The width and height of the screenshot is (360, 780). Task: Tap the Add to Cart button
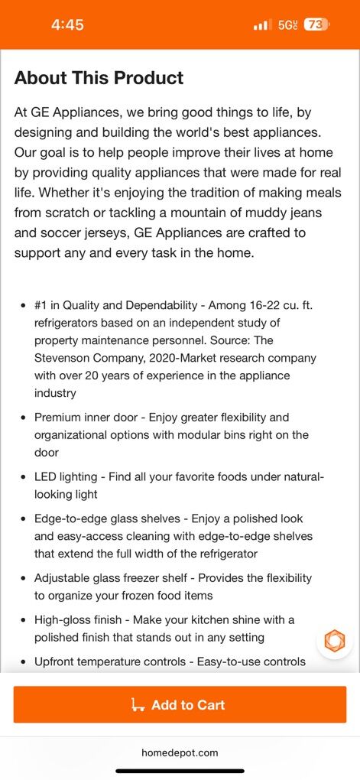pyautogui.click(x=180, y=704)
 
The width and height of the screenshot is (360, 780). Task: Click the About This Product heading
pyautogui.click(x=99, y=78)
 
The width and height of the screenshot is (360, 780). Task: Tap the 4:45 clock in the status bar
pyautogui.click(x=67, y=24)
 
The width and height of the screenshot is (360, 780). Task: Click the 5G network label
pyautogui.click(x=287, y=24)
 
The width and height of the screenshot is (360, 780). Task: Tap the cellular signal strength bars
pyautogui.click(x=262, y=25)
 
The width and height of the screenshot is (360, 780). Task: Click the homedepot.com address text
pyautogui.click(x=180, y=752)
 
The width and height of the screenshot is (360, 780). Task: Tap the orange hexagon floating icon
pyautogui.click(x=335, y=640)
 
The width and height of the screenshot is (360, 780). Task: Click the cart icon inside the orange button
pyautogui.click(x=139, y=705)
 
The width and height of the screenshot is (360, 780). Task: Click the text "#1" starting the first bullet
pyautogui.click(x=41, y=304)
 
